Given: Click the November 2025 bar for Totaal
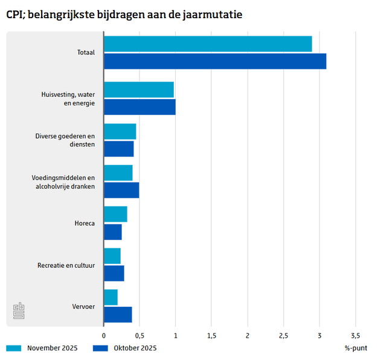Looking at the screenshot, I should pos(208,44).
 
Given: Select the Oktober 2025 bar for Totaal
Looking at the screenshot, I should pos(215,61).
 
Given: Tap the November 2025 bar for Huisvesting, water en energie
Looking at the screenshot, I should pos(139,90).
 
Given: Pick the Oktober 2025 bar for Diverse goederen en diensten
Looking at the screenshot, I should pos(119,149).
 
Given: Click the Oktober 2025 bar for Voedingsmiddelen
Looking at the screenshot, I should pos(121,190).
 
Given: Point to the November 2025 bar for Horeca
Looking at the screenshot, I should pos(115,214).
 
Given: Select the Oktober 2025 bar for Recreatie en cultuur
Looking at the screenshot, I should pos(114,273).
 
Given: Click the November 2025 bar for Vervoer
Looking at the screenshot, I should pos(111,297).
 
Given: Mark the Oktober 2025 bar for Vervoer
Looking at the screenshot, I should pos(118,315).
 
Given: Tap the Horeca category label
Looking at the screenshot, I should pos(85,223).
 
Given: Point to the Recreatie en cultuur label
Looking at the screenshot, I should pos(66,265).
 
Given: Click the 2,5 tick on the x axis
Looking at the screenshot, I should pos(283,335).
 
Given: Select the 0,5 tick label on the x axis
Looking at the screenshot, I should pos(139,335).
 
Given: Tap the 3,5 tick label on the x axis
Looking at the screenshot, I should pos(355,335).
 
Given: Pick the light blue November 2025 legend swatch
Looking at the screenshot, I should pos(14,349).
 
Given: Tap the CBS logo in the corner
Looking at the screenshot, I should pos(19,311).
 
